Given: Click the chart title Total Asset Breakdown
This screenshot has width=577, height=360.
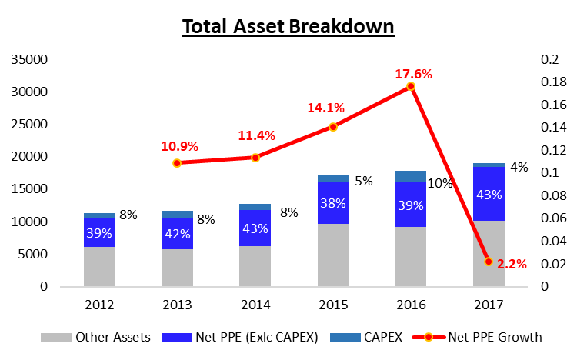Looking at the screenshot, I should (288, 26).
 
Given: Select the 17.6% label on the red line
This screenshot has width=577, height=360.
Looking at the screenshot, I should (414, 75).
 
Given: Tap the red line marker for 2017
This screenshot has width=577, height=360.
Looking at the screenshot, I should (488, 262).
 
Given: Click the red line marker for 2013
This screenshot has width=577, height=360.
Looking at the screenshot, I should (177, 163).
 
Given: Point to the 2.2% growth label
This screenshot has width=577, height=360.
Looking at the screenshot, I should (512, 264).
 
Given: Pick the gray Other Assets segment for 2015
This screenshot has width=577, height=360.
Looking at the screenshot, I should (332, 255).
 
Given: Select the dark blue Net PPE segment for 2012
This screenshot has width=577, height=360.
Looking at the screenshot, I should (99, 232).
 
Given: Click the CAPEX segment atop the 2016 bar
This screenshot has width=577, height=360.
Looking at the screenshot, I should (410, 176).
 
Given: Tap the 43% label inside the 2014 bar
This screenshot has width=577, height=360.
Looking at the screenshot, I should (255, 228).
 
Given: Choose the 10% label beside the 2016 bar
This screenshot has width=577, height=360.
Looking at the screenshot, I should (439, 183).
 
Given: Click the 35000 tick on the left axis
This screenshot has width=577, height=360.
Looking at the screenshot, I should (32, 60).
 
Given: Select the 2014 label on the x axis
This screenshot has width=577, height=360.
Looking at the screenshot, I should (255, 305).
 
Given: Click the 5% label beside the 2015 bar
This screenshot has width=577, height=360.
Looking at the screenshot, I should (363, 182).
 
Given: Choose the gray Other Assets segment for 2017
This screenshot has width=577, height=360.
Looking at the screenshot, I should (488, 253).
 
